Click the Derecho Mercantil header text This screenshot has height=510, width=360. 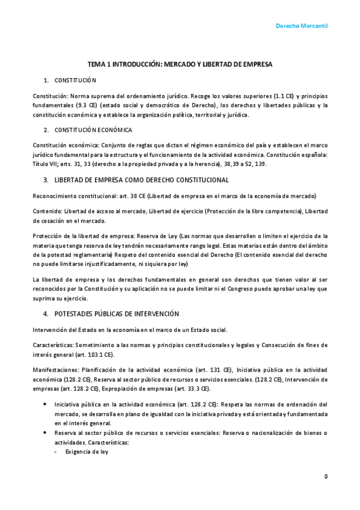tap(301, 26)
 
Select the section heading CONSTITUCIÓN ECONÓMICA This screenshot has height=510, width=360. tap(93, 130)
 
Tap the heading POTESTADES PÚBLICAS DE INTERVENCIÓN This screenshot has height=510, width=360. tap(117, 314)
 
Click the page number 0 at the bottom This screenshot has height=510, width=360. tap(326, 476)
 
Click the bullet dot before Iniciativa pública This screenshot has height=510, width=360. tap(46, 404)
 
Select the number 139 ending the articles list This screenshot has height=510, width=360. tap(259, 164)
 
